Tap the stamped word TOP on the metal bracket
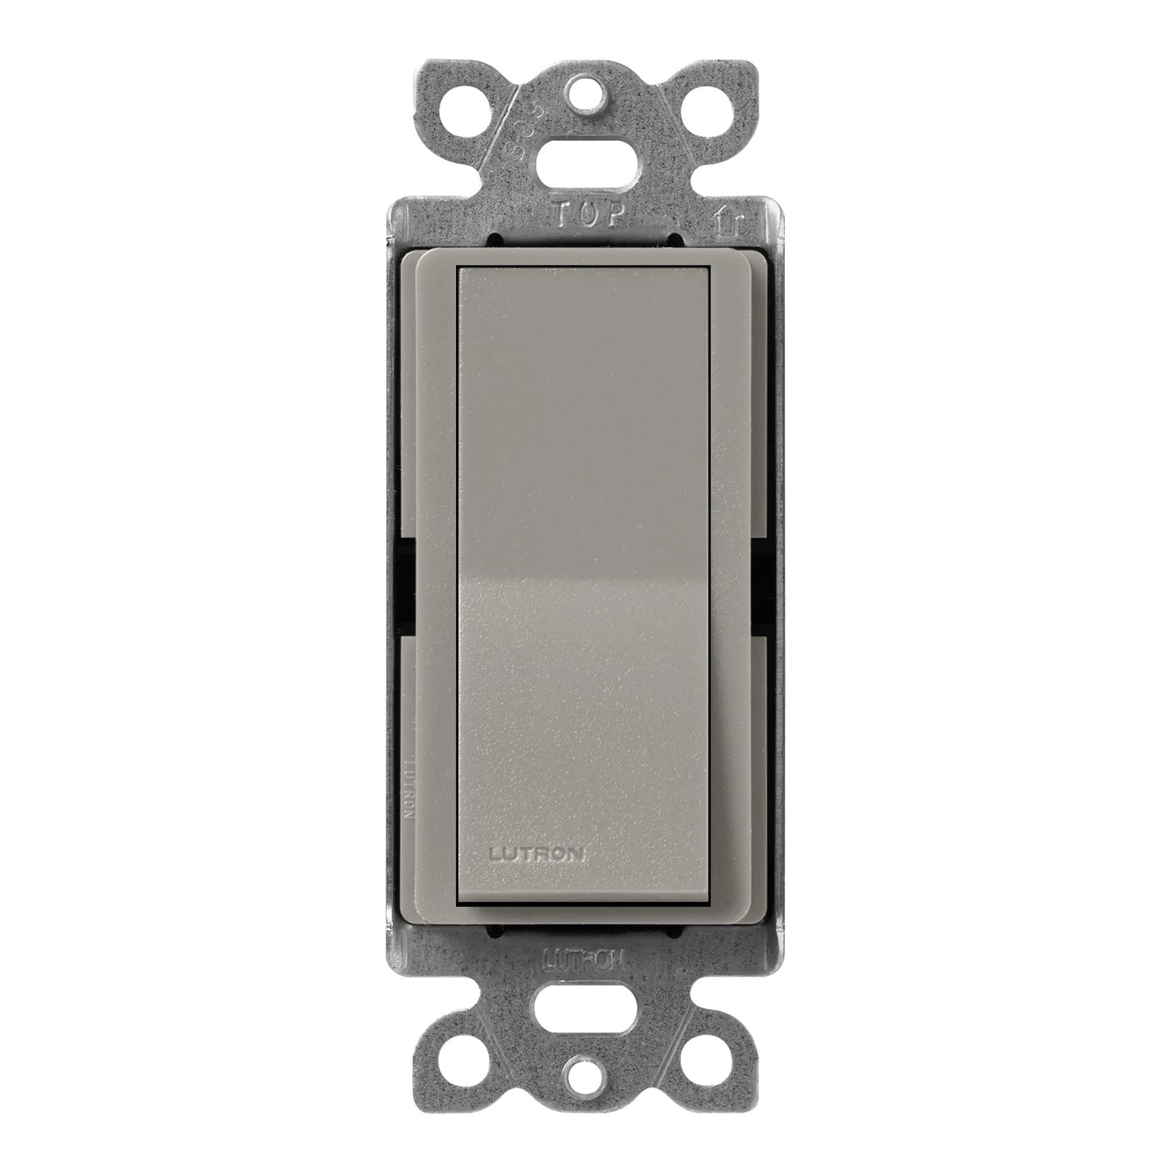(x=589, y=215)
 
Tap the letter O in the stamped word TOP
(x=589, y=215)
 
